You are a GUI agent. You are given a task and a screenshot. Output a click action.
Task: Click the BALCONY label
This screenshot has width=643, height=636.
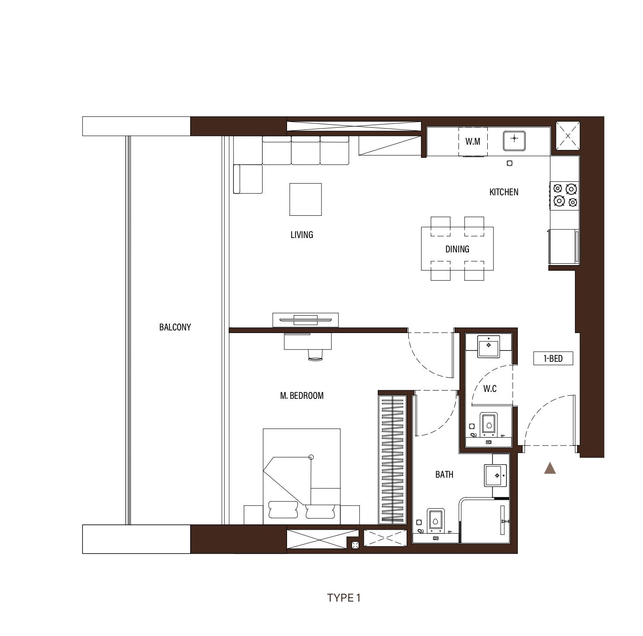tap(175, 327)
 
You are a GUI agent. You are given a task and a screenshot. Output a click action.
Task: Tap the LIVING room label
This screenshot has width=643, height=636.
tap(301, 235)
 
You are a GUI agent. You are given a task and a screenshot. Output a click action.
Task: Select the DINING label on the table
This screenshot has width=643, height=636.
tap(457, 249)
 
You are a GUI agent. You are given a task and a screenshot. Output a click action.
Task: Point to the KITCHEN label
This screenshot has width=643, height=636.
tap(504, 192)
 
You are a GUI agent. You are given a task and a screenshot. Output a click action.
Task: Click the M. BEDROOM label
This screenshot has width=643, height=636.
tap(301, 396)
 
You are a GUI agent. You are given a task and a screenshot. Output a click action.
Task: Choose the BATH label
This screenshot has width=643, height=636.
tap(444, 474)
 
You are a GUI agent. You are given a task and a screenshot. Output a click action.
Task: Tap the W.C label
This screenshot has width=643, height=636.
tap(490, 388)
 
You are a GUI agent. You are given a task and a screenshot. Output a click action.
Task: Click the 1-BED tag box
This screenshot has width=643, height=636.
tap(553, 359)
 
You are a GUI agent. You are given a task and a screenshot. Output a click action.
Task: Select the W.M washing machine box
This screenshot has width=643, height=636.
tap(473, 141)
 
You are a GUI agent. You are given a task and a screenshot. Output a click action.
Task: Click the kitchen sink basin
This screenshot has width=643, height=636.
tap(514, 139)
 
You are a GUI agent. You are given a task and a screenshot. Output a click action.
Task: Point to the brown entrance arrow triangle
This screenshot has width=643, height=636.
tap(550, 468)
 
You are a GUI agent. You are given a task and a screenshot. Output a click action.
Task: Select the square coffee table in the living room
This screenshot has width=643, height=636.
tap(305, 199)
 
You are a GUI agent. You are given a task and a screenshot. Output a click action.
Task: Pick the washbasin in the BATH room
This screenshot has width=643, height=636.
tap(495, 475)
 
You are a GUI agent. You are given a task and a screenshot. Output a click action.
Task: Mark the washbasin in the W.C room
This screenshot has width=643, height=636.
tap(489, 346)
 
